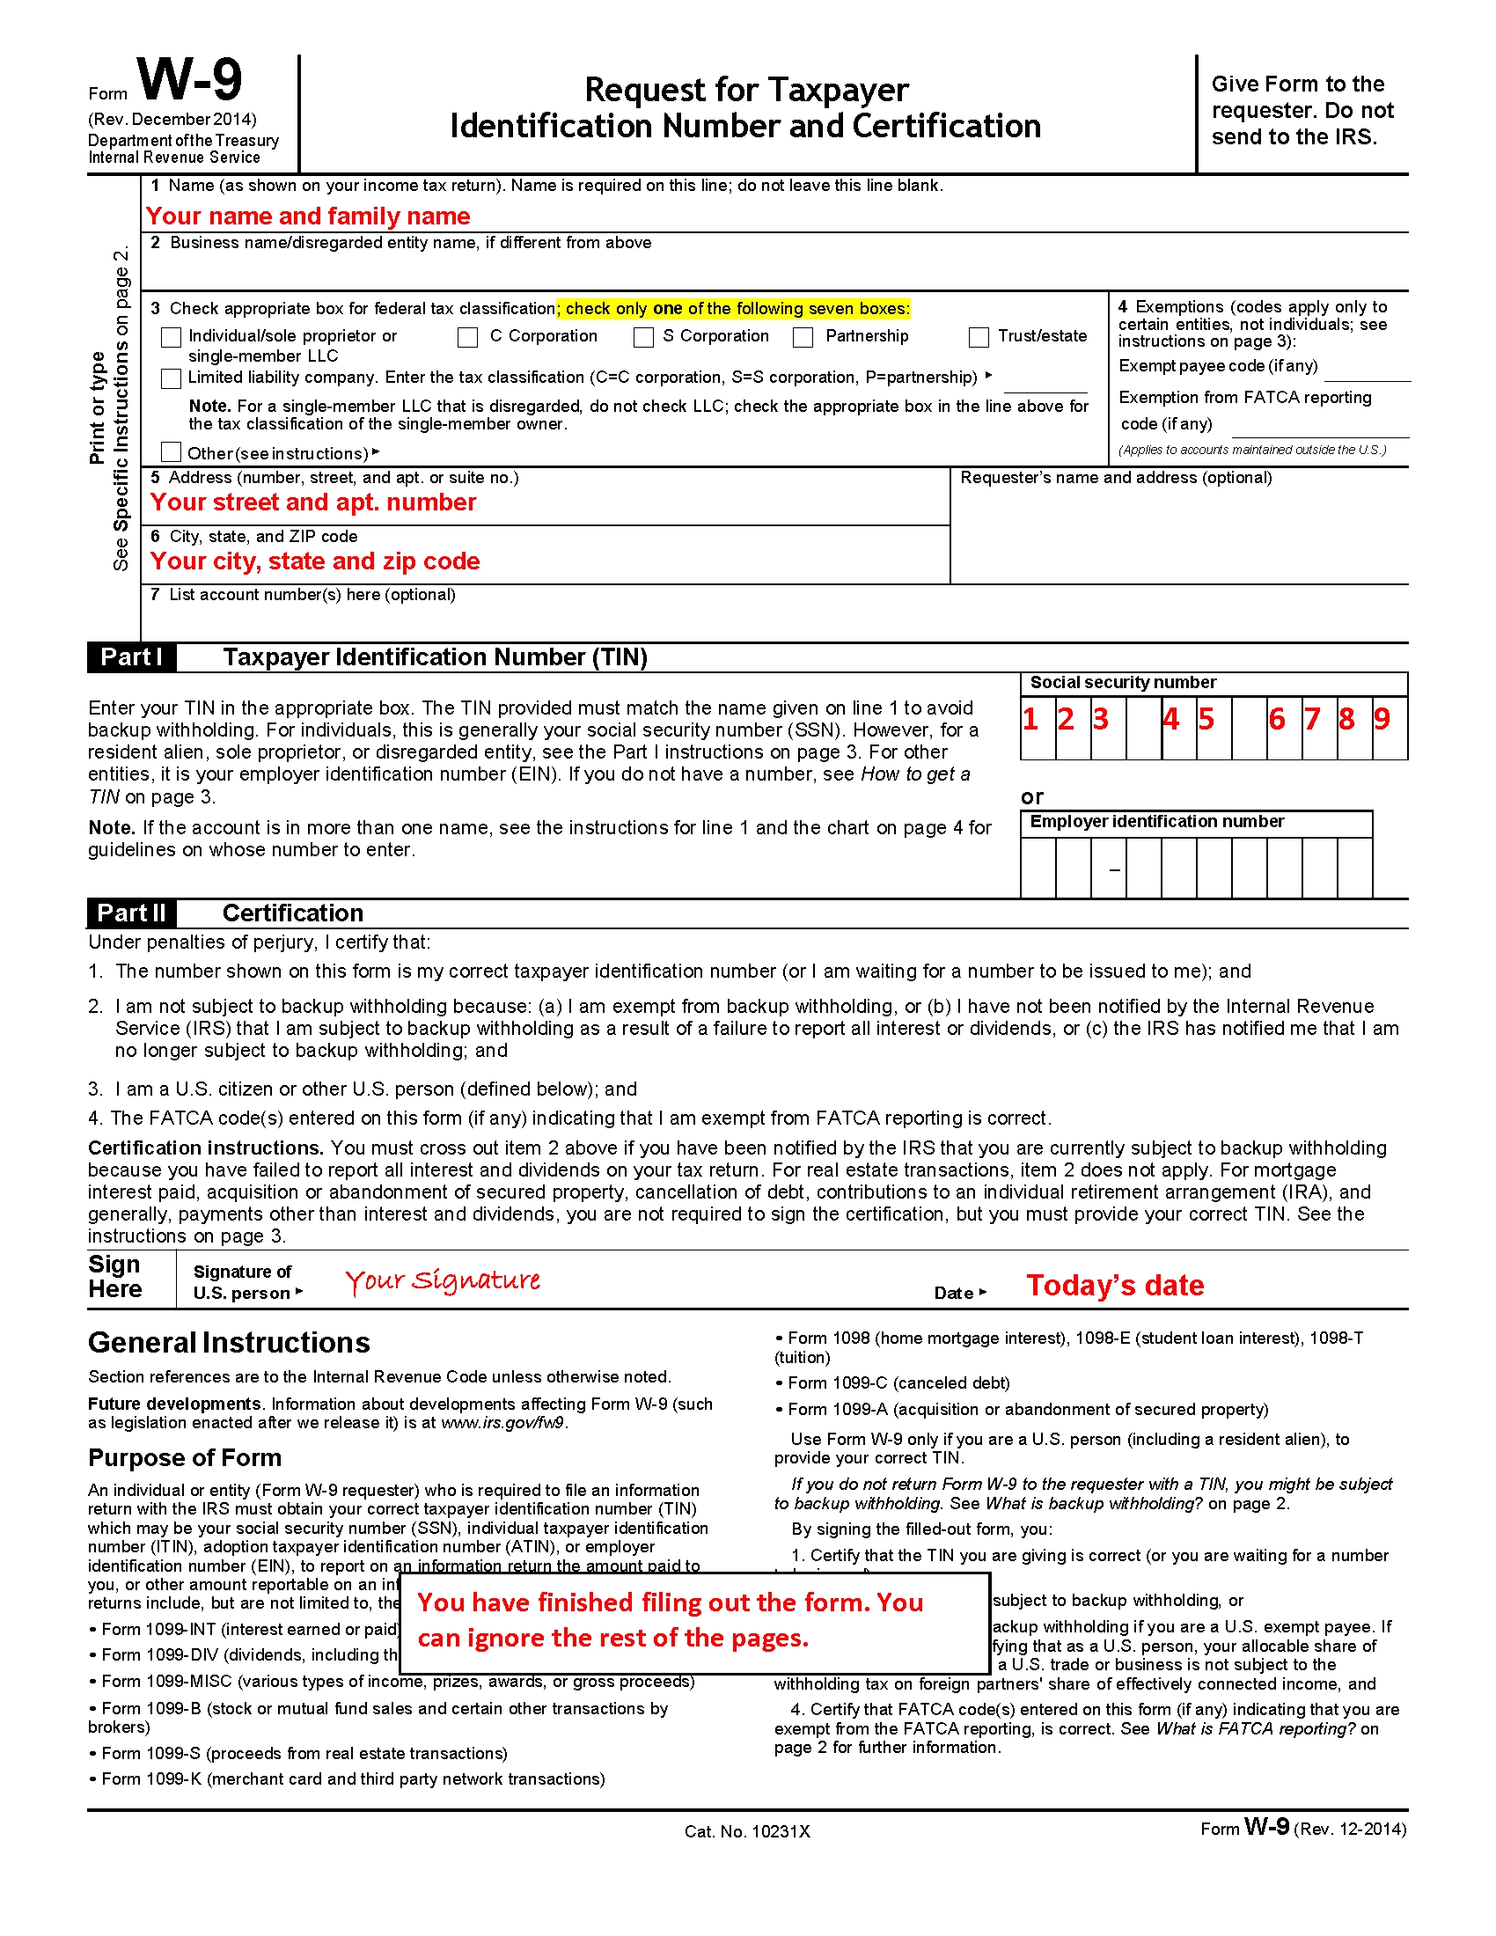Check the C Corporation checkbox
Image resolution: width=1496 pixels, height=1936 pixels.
point(468,337)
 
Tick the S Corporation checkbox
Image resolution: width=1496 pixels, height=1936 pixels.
point(644,337)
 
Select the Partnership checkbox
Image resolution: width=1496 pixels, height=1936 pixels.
point(803,337)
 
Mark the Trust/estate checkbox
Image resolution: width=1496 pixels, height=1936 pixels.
point(979,337)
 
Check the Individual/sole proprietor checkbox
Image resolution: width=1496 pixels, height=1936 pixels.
point(171,337)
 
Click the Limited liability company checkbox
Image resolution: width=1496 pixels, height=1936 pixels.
point(171,378)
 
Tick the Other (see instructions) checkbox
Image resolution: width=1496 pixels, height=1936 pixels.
point(171,452)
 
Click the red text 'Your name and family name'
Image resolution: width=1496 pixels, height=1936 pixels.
point(307,216)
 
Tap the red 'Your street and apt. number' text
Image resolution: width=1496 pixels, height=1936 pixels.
point(313,502)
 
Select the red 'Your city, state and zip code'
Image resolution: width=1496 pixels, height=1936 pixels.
point(315,561)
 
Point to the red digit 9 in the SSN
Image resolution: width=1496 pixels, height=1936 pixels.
point(1382,719)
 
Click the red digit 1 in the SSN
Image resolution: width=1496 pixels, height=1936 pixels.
point(1030,719)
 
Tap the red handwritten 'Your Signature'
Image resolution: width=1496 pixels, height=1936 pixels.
point(443,1280)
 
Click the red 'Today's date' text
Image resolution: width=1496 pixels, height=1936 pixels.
point(1115,1286)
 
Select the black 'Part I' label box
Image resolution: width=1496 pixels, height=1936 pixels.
point(131,656)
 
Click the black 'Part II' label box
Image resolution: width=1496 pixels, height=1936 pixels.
point(131,913)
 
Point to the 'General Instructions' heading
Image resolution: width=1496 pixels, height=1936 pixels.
point(229,1343)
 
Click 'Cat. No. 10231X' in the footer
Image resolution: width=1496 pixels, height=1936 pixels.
point(747,1831)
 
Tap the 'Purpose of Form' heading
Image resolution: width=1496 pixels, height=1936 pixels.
point(184,1457)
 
